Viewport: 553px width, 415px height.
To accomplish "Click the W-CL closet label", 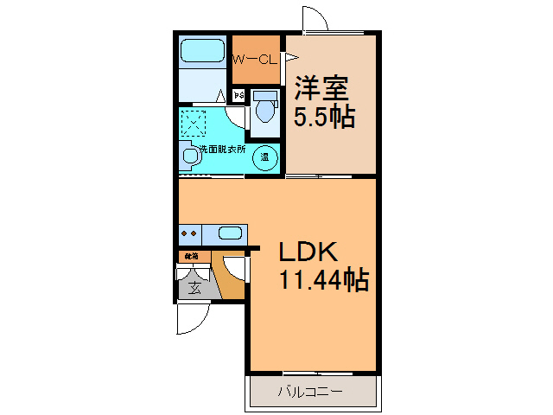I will point(255,60).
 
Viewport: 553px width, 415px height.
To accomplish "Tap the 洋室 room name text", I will point(321,88).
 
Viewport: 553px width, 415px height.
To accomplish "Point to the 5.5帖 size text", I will point(322,117).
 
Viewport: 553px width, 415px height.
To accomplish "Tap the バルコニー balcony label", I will point(310,392).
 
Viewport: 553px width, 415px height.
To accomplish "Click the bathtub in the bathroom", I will point(202,51).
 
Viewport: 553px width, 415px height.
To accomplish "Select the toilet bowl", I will point(264,110).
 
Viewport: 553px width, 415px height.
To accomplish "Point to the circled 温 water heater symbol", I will point(267,157).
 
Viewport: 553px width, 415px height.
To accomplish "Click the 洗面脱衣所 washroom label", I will point(221,149).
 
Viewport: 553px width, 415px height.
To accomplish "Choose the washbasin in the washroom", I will point(189,156).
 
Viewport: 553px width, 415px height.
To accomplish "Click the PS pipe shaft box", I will point(239,94).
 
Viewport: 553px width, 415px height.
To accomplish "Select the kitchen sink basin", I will point(230,233).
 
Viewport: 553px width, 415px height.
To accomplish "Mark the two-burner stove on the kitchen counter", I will point(190,233).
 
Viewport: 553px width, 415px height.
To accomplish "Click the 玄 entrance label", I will point(195,288).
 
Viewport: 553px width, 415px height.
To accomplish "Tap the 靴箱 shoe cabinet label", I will point(190,256).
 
